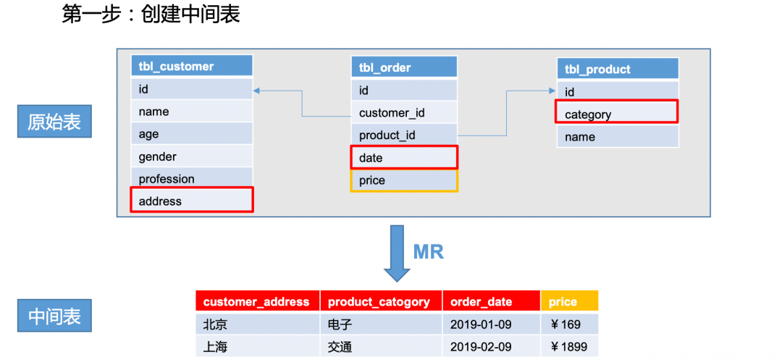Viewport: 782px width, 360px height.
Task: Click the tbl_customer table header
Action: click(192, 66)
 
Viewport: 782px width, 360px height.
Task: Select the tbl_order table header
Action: click(404, 67)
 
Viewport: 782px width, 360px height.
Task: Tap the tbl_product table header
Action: click(618, 69)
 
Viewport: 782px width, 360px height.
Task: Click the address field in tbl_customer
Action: click(192, 201)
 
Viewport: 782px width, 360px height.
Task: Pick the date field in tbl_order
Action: click(404, 157)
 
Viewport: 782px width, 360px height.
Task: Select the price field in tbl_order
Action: click(404, 180)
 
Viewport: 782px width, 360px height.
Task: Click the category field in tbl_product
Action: click(617, 114)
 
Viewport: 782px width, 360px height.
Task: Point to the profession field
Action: click(192, 178)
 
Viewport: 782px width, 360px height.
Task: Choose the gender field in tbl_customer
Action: click(192, 156)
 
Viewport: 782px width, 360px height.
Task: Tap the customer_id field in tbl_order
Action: click(404, 112)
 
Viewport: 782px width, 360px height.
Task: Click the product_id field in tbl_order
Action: click(404, 135)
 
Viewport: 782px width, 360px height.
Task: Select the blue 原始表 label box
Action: click(54, 122)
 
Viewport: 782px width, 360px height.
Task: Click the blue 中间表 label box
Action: click(54, 317)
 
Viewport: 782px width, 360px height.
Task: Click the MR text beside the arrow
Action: click(428, 251)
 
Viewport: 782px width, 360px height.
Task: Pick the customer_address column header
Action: click(257, 301)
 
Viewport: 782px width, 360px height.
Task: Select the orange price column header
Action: click(569, 301)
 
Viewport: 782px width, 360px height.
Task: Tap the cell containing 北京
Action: click(257, 323)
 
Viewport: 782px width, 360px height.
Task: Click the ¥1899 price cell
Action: click(569, 346)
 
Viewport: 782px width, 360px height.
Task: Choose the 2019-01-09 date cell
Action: click(491, 323)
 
